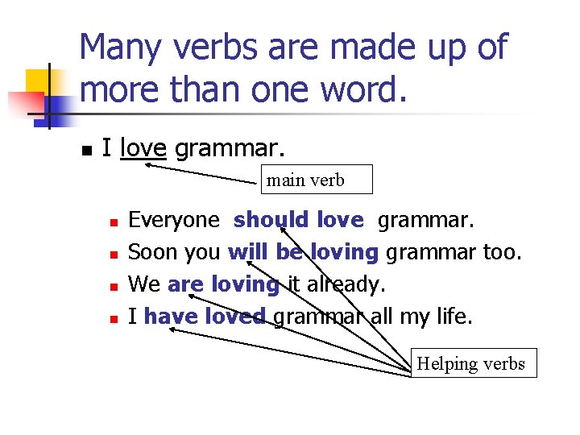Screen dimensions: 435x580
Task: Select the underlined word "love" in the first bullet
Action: coord(143,148)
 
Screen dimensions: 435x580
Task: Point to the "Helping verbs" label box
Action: coord(472,364)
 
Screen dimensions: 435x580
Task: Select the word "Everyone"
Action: coord(174,220)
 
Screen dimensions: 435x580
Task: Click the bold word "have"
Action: coord(170,317)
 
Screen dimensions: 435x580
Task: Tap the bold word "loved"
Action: coord(234,317)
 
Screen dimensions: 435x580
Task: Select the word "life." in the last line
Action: coord(452,317)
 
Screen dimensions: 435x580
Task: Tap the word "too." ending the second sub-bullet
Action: coord(503,252)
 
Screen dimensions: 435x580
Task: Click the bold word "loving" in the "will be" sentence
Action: coord(344,252)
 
